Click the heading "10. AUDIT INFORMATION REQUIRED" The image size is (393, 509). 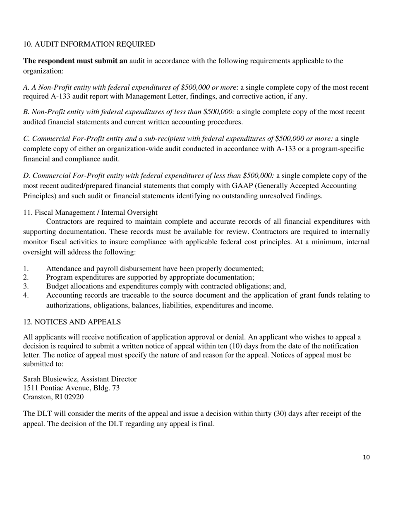point(89,44)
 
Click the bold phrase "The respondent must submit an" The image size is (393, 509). point(75,61)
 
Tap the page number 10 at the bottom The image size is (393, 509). point(366,457)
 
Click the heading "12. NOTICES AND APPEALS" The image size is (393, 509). point(72,322)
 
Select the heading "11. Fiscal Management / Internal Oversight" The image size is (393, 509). point(90,213)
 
